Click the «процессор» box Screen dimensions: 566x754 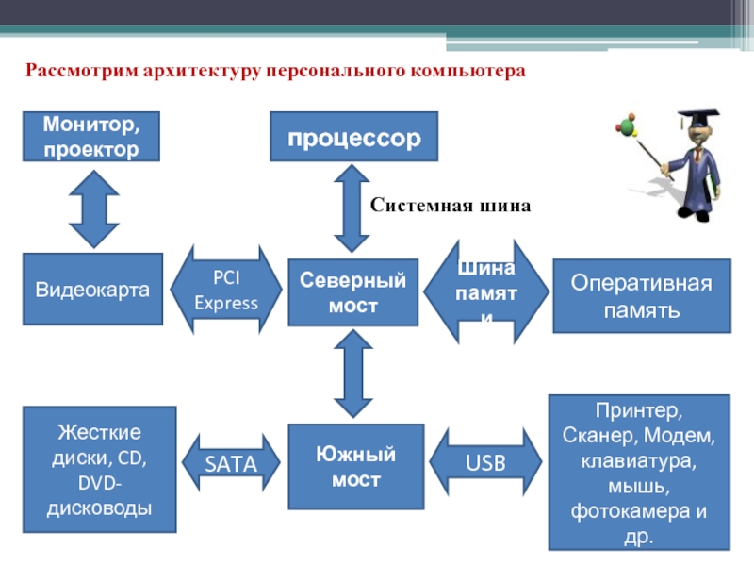pyautogui.click(x=353, y=137)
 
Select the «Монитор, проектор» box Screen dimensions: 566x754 pyautogui.click(x=91, y=136)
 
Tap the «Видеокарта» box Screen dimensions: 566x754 pyautogui.click(x=92, y=290)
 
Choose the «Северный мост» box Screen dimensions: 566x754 pyautogui.click(x=352, y=293)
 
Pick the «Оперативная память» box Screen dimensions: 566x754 pyautogui.click(x=641, y=296)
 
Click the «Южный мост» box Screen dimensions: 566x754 pyautogui.click(x=352, y=468)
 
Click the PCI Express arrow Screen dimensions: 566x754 pyautogui.click(x=236, y=291)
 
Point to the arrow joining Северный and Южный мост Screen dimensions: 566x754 pyautogui.click(x=353, y=374)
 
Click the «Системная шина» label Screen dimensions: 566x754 pyautogui.click(x=451, y=205)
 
